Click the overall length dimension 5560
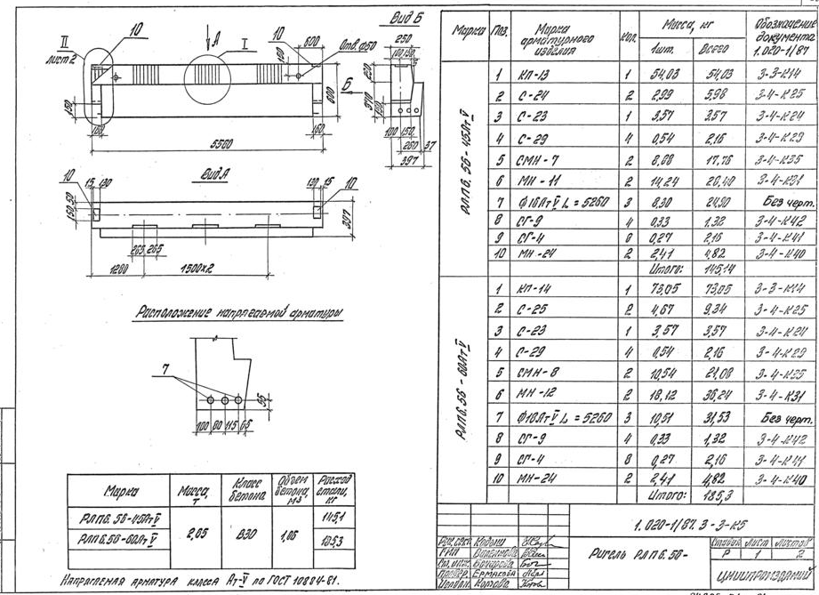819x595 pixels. (x=205, y=141)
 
